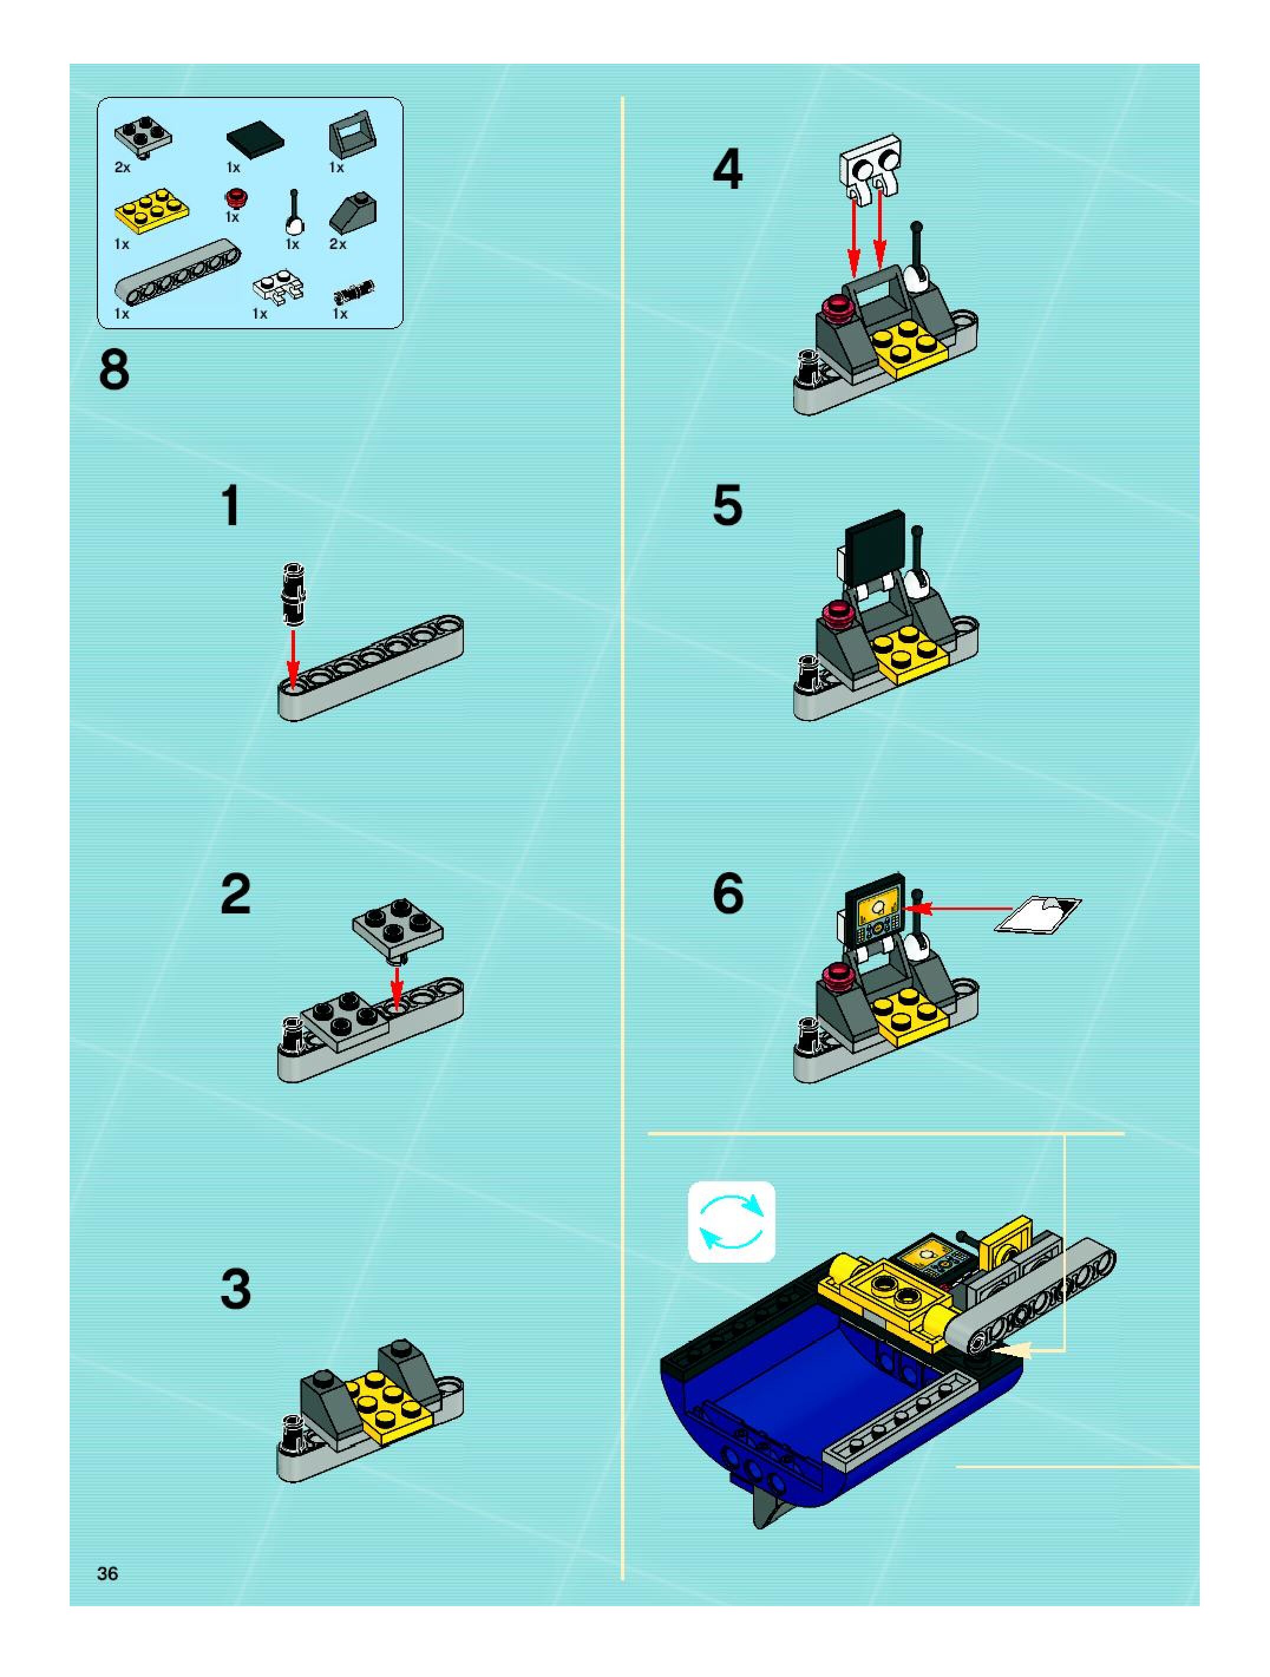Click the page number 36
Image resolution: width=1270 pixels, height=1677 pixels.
point(107,1573)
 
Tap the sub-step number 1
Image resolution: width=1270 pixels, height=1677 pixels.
point(231,506)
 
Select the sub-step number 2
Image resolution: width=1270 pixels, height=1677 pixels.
point(236,894)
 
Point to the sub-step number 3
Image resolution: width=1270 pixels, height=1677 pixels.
point(236,1289)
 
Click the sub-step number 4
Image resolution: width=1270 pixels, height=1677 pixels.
point(727,169)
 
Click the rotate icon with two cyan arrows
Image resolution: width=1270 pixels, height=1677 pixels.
point(732,1221)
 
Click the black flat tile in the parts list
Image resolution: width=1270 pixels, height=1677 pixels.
point(256,139)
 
